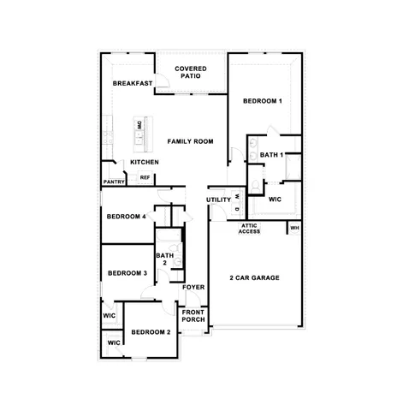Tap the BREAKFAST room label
pyautogui.click(x=133, y=83)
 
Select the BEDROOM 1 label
pyautogui.click(x=262, y=101)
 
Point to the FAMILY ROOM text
pyautogui.click(x=190, y=141)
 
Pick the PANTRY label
pyautogui.click(x=115, y=182)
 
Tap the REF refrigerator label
pyautogui.click(x=145, y=178)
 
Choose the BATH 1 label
pyautogui.click(x=272, y=155)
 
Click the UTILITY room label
pyautogui.click(x=219, y=200)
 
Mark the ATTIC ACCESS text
pyautogui.click(x=249, y=229)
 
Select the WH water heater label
pyautogui.click(x=294, y=228)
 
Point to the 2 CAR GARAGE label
pyautogui.click(x=255, y=277)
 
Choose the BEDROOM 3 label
pyautogui.click(x=127, y=273)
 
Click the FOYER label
pyautogui.click(x=193, y=287)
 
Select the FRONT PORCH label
pyautogui.click(x=193, y=315)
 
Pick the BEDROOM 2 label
pyautogui.click(x=151, y=332)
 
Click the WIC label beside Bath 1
pyautogui.click(x=275, y=199)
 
